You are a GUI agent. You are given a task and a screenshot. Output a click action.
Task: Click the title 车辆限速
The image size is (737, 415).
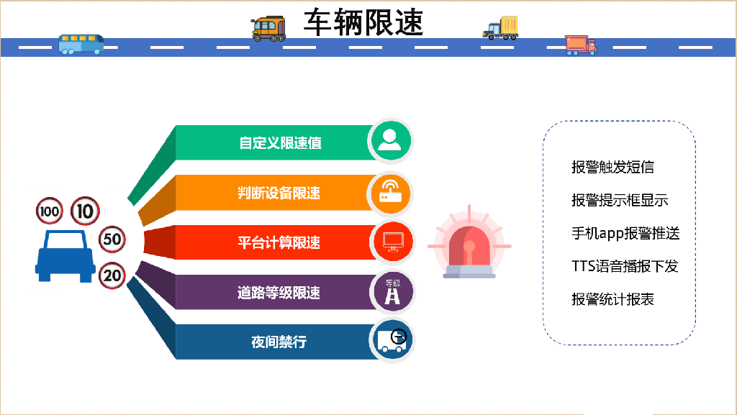[363, 22]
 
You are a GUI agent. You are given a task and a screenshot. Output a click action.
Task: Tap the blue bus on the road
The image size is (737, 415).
[81, 44]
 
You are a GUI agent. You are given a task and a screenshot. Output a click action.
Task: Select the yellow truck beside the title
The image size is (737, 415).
[501, 28]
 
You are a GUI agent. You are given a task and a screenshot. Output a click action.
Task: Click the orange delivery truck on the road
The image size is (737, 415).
[581, 45]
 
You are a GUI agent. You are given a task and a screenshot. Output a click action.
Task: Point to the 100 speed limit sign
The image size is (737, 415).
[50, 211]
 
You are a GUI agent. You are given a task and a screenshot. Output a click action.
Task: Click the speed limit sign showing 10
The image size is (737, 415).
[85, 211]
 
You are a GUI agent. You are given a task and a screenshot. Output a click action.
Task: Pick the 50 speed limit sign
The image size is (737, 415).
[112, 239]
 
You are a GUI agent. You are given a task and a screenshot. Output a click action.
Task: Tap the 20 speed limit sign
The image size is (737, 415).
[112, 275]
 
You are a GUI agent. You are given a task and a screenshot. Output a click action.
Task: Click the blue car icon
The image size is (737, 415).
[65, 256]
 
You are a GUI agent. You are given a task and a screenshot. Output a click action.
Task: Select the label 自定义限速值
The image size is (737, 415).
[280, 142]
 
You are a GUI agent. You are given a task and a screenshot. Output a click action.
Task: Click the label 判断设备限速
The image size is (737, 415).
[279, 193]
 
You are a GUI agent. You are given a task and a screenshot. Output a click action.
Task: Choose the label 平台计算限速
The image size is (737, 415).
[279, 242]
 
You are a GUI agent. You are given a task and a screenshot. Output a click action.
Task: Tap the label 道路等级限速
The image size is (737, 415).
[279, 293]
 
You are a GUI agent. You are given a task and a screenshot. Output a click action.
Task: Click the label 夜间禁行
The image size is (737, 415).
[279, 342]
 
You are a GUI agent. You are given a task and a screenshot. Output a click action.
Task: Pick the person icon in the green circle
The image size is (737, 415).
[390, 140]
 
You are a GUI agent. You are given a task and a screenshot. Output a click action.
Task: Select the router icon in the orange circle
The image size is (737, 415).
[391, 191]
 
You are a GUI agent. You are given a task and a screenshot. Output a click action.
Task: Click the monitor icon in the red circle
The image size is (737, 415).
[392, 242]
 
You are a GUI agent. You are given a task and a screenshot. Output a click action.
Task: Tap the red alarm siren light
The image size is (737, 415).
[469, 244]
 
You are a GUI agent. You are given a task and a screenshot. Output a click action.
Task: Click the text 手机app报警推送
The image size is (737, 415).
[625, 233]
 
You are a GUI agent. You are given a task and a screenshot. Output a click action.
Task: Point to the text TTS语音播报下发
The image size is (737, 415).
[625, 266]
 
